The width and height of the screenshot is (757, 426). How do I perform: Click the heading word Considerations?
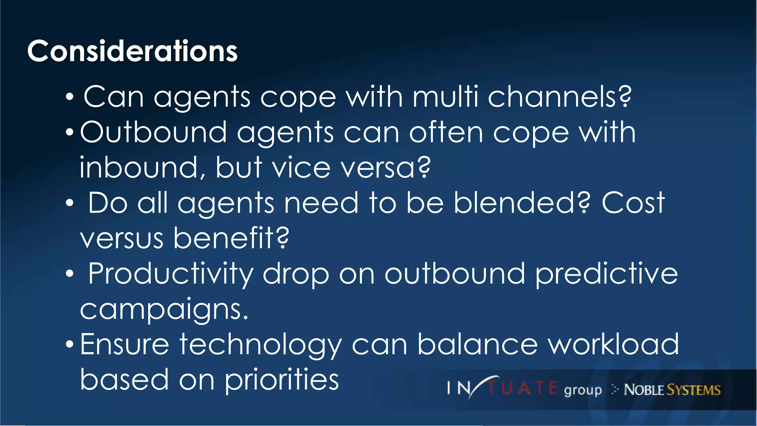[132, 51]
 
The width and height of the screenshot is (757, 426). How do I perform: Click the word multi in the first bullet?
[445, 97]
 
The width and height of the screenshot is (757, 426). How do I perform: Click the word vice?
[301, 168]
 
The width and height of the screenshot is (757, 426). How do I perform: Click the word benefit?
[231, 238]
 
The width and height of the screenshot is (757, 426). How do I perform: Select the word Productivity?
[170, 274]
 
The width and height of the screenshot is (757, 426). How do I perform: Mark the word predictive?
[606, 274]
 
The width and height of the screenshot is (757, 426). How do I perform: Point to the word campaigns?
[164, 310]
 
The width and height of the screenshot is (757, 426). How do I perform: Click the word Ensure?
[125, 344]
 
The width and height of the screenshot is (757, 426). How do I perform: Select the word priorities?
[282, 380]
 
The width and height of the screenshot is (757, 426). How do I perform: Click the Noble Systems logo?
[672, 390]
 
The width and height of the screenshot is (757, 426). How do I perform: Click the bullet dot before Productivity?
[69, 274]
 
